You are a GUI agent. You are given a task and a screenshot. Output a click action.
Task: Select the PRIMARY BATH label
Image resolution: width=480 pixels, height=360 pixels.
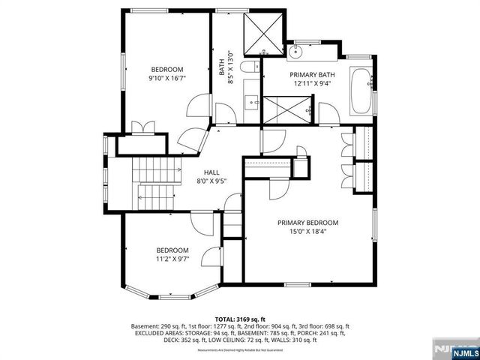tap(307, 75)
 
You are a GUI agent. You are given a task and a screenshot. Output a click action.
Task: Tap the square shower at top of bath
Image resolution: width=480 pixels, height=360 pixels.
tap(264, 31)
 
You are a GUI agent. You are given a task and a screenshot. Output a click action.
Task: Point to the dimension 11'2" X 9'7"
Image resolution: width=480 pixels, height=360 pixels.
tap(172, 259)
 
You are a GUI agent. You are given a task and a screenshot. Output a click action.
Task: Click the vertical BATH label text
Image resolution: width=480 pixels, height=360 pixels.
tap(222, 69)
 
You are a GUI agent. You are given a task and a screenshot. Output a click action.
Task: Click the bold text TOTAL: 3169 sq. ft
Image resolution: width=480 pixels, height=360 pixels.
tap(239, 319)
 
